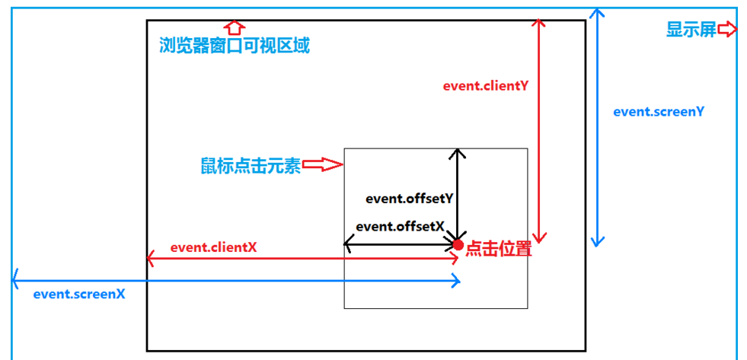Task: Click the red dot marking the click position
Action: (458, 244)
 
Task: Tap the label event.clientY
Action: (485, 86)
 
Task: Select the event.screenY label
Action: (658, 111)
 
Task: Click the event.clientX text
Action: (213, 247)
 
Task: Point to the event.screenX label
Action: (79, 294)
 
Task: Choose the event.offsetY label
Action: (409, 199)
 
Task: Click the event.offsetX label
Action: (400, 226)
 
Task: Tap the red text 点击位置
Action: (498, 249)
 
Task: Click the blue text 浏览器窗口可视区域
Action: (235, 45)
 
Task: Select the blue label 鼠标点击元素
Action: (251, 166)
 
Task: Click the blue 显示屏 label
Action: (691, 30)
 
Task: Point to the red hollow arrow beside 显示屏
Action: (728, 30)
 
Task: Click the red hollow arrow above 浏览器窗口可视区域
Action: (235, 27)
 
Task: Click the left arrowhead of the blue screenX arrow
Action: (15, 281)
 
